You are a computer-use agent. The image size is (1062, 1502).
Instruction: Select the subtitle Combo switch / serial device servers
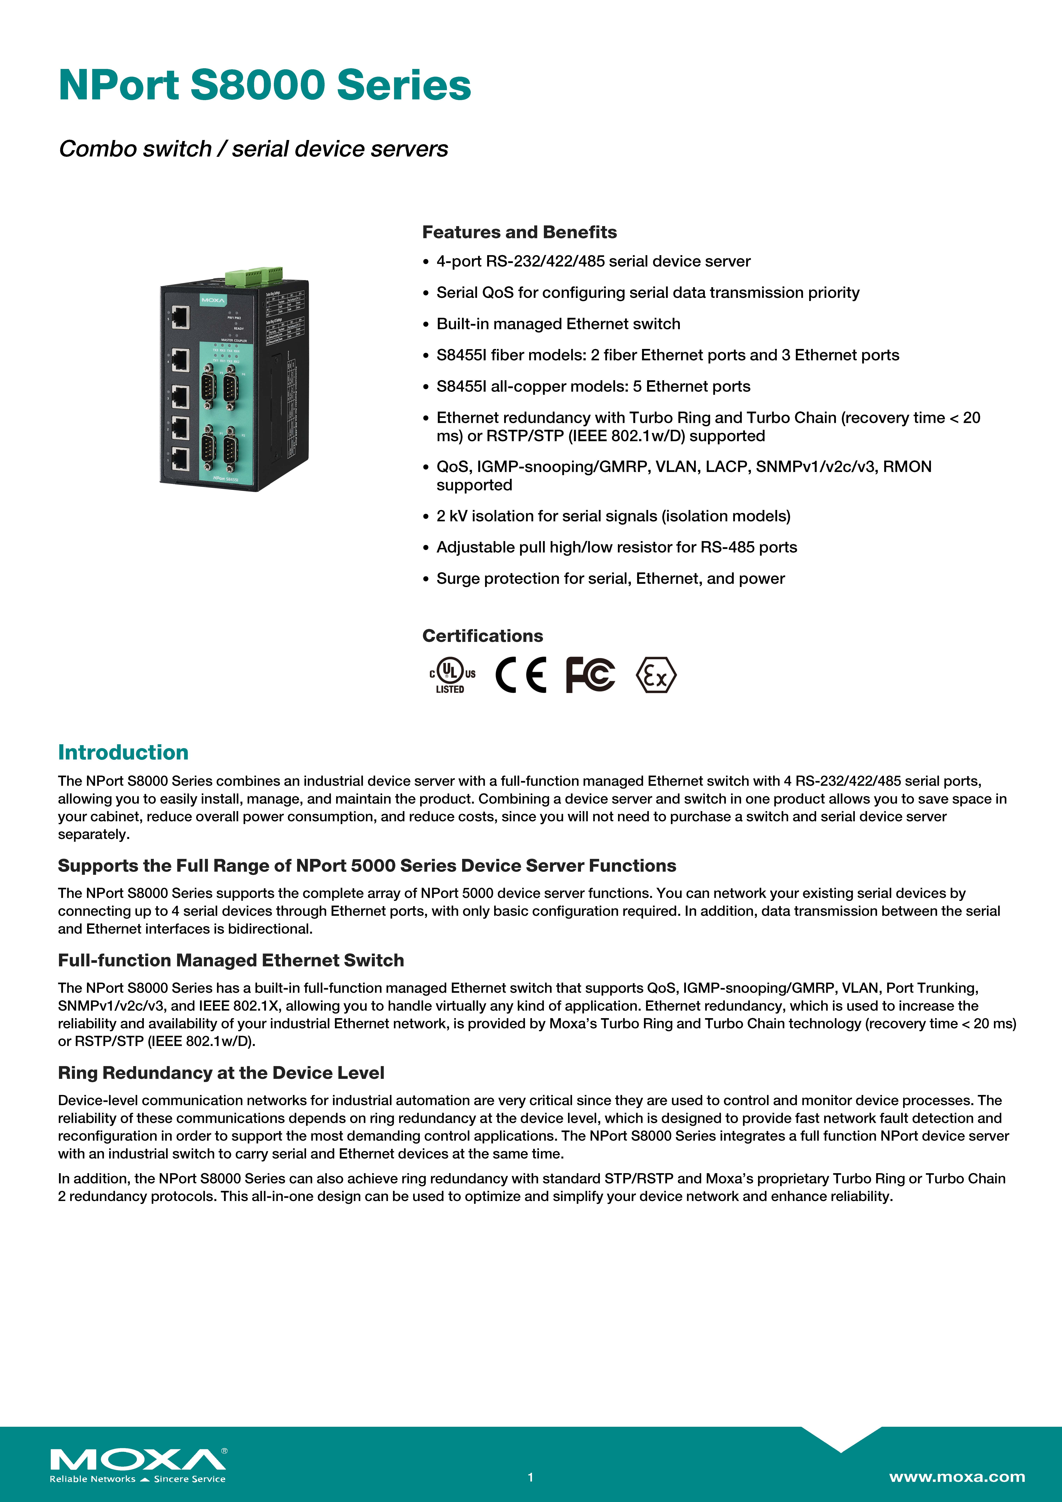click(253, 149)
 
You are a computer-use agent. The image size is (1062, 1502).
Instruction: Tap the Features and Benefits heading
click(519, 232)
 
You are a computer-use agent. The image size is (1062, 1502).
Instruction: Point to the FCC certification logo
click(590, 674)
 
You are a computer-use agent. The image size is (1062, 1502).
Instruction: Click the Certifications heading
click(482, 636)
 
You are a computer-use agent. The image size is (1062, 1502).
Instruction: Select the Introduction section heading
click(123, 752)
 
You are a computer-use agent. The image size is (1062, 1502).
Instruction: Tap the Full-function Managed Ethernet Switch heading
click(231, 960)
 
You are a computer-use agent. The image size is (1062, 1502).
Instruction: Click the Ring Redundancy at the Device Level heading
click(221, 1073)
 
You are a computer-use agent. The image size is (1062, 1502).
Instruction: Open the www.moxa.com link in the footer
click(957, 1476)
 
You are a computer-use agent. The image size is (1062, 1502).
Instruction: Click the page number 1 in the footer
click(531, 1477)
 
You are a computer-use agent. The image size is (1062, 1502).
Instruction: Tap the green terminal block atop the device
click(254, 275)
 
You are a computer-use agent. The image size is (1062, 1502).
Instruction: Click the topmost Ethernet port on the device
click(180, 318)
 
